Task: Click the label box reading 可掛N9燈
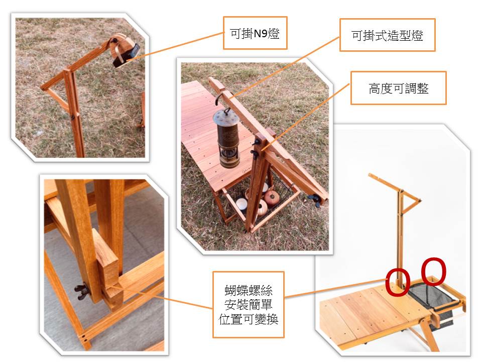pos(255,33)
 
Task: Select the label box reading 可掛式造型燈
pos(387,35)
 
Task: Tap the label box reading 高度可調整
pos(398,88)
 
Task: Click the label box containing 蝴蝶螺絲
pos(249,305)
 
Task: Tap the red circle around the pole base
pos(398,282)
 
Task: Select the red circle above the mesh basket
pos(433,271)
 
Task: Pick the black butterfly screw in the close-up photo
pos(81,292)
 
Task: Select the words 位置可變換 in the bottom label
pos(249,319)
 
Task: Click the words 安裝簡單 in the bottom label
pos(249,305)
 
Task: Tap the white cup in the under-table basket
pos(242,204)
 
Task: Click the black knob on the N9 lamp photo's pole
pos(73,117)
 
